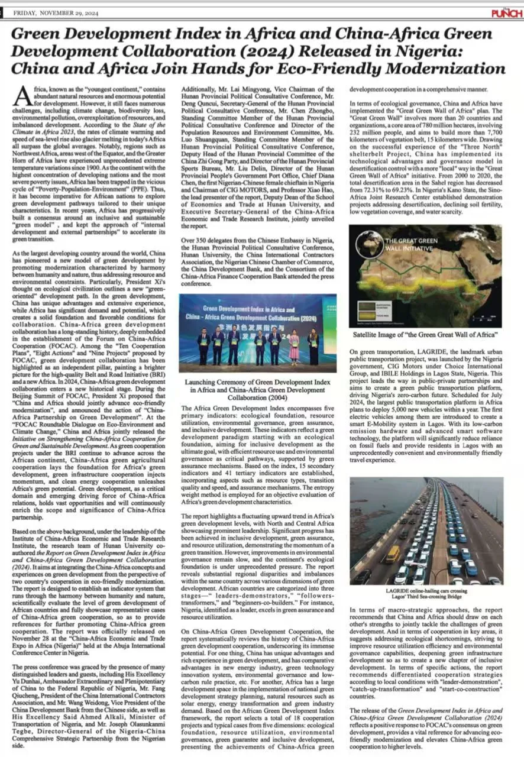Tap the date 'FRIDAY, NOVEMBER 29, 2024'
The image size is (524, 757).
[53, 12]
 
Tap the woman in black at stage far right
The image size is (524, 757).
[313, 346]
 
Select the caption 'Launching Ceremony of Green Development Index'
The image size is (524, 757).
[257, 383]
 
